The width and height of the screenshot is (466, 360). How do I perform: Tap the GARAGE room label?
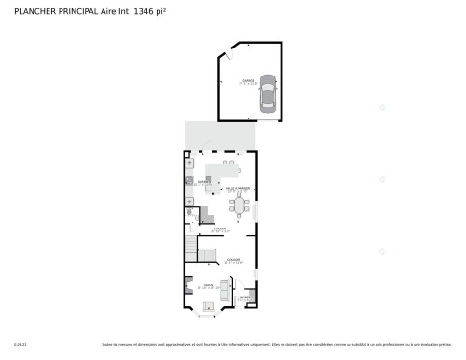pos(248,81)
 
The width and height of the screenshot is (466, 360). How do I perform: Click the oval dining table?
pos(240,203)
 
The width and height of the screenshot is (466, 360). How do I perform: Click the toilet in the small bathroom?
pos(189,212)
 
